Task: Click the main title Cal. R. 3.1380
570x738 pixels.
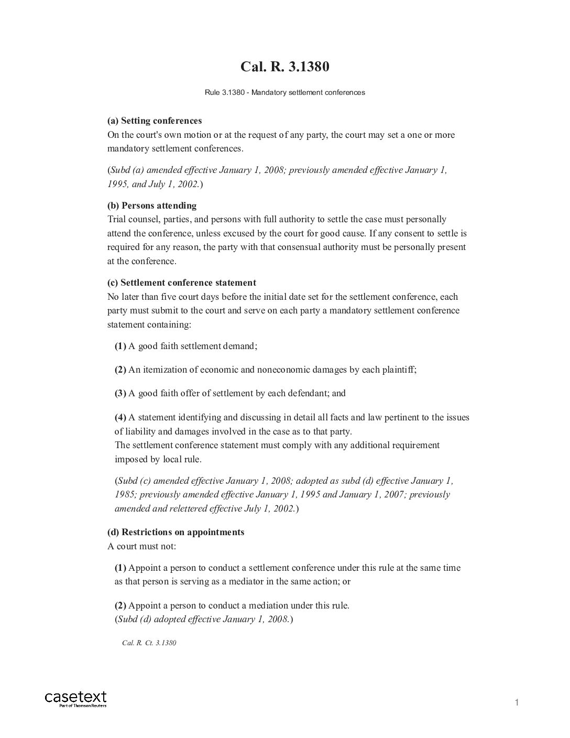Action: coord(284,67)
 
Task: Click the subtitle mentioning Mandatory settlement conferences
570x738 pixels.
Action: coord(284,93)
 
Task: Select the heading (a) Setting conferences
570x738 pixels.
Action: coord(155,121)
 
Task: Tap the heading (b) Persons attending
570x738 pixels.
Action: coord(152,205)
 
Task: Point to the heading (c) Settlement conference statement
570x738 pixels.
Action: coord(182,283)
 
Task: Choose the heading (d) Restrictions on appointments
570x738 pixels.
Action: coord(176,533)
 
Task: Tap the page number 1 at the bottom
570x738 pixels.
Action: coord(517,703)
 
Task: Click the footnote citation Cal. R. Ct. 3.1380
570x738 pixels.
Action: coord(149,643)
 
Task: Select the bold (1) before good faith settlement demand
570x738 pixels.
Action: coord(120,346)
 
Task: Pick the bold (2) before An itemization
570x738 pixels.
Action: coord(120,370)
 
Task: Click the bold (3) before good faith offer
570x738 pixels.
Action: coord(120,394)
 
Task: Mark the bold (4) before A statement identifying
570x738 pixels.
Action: coord(120,418)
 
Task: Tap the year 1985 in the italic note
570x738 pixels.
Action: coord(125,495)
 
